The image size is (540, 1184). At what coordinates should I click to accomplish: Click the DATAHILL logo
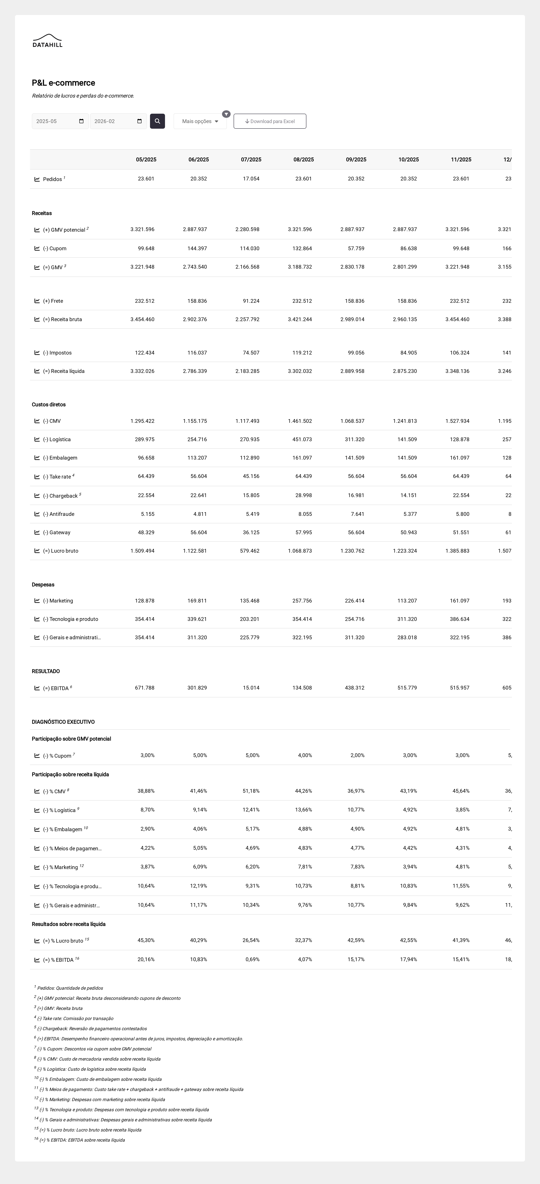pyautogui.click(x=47, y=41)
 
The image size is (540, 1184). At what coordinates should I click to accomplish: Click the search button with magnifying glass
pyautogui.click(x=157, y=121)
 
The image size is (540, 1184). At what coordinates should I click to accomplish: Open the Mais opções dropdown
pyautogui.click(x=200, y=121)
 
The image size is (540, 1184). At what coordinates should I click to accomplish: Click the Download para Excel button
pyautogui.click(x=270, y=121)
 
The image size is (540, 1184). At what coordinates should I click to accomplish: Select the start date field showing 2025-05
pyautogui.click(x=60, y=121)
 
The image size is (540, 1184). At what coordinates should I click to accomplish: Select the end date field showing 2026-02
pyautogui.click(x=118, y=121)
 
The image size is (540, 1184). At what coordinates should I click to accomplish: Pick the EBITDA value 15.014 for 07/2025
pyautogui.click(x=251, y=688)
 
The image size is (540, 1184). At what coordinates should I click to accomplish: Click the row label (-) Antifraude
pyautogui.click(x=61, y=514)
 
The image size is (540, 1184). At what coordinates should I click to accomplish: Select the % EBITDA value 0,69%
pyautogui.click(x=252, y=959)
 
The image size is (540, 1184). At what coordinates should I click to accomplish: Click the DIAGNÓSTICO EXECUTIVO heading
pyautogui.click(x=63, y=722)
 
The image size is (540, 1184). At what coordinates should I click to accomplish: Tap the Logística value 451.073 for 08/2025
pyautogui.click(x=302, y=439)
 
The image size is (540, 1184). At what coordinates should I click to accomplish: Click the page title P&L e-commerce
pyautogui.click(x=63, y=83)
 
